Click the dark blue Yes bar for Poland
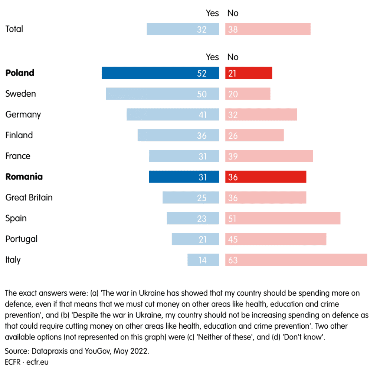pos(160,73)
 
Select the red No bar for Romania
pos(266,177)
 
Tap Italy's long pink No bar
pos(296,260)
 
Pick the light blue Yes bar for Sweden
pos(163,94)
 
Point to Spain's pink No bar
pos(283,218)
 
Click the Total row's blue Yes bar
pos(183,29)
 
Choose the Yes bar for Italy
pos(203,260)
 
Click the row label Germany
pos(23,115)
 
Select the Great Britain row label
pos(29,197)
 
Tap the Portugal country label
pos(22,239)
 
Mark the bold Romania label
pos(24,177)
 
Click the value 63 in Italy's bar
pos(233,260)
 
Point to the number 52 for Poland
pos(202,73)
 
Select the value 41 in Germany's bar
pos(202,115)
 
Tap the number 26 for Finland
pos(233,136)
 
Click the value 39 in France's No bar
pos(233,157)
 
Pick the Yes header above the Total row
pos(212,13)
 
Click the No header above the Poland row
pos(233,57)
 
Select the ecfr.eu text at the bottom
pos(37,362)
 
